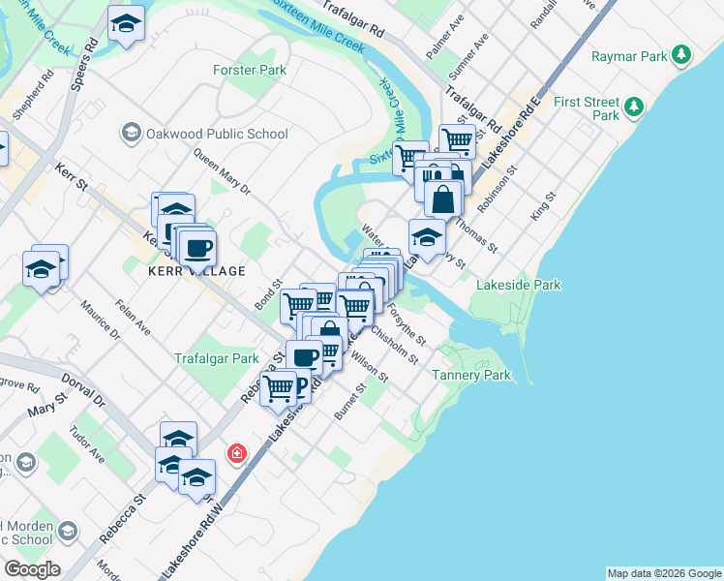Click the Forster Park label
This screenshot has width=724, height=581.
(250, 70)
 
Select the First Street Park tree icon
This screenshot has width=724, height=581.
(635, 106)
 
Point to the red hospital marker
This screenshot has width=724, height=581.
(235, 453)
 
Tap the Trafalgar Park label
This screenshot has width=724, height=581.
(217, 358)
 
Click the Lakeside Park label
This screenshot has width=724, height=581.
(520, 285)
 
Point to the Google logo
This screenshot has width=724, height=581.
(31, 569)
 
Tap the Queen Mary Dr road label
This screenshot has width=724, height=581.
(221, 171)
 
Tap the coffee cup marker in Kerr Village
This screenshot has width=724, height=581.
(196, 247)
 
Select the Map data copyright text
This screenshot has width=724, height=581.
(664, 573)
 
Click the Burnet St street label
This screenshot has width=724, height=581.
(348, 402)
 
